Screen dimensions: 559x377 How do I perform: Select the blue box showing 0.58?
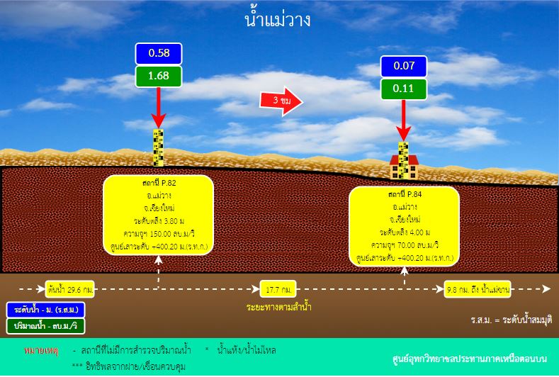point(159,53)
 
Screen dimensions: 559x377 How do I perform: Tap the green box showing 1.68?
point(159,76)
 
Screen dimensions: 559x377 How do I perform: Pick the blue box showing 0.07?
point(404,67)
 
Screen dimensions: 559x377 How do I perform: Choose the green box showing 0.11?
point(404,89)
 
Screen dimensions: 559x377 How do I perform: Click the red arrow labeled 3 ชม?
point(281,101)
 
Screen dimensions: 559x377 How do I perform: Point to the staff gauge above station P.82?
point(158,147)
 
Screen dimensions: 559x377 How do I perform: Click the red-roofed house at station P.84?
point(404,167)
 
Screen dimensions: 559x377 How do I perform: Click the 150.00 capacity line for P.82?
point(159,234)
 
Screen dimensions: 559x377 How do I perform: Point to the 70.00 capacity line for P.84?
point(405,245)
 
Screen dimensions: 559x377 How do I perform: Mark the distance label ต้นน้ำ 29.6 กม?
point(70,289)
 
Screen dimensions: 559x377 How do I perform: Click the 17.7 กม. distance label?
point(278,289)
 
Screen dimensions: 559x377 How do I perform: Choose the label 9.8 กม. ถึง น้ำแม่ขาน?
point(478,289)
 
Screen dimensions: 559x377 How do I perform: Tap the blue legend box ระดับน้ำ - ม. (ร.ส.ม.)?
point(45,310)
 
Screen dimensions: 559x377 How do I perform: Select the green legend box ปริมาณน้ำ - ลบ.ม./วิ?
point(45,327)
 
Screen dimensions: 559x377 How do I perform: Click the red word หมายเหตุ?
point(41,351)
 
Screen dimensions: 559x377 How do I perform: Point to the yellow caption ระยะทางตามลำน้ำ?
point(278,307)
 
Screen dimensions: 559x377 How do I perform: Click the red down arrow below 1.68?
point(159,108)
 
